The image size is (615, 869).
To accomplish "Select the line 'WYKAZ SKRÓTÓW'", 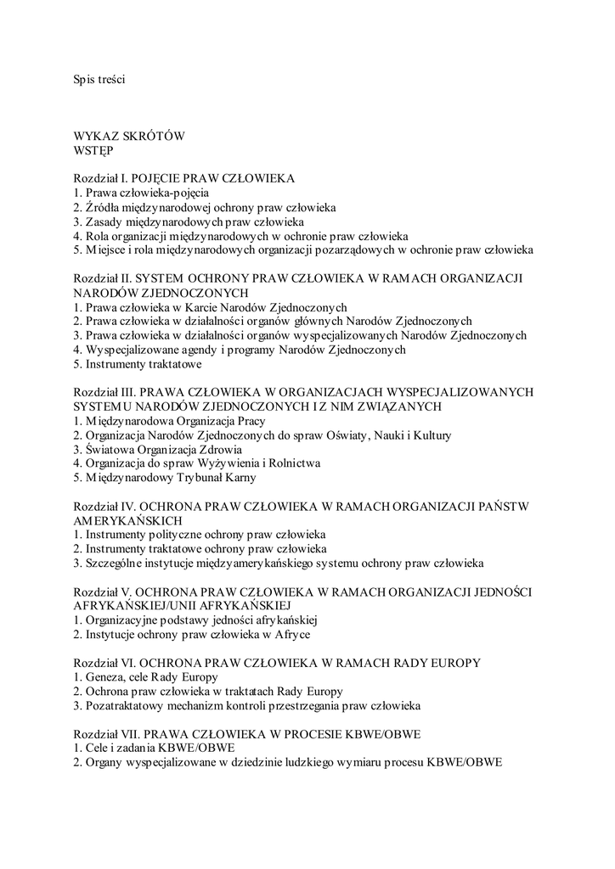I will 129,136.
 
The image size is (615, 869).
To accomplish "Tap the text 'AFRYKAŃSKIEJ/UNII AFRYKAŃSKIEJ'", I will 183,606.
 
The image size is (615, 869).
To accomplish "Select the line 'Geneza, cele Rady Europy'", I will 146,677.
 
